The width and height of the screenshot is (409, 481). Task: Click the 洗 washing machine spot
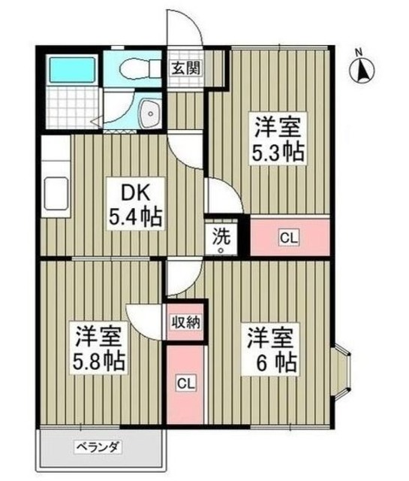222,239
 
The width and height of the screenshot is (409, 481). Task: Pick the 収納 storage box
184,323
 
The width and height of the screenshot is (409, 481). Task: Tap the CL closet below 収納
184,383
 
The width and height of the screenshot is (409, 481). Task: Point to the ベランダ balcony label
98,449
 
